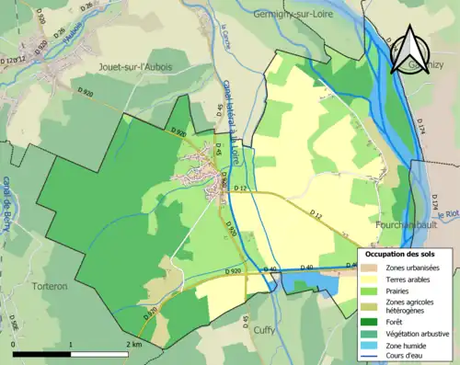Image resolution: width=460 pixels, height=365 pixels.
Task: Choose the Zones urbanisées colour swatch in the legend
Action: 372,268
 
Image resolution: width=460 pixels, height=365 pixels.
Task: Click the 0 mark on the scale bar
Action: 14,344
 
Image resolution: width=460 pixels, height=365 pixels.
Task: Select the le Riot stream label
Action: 448,214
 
